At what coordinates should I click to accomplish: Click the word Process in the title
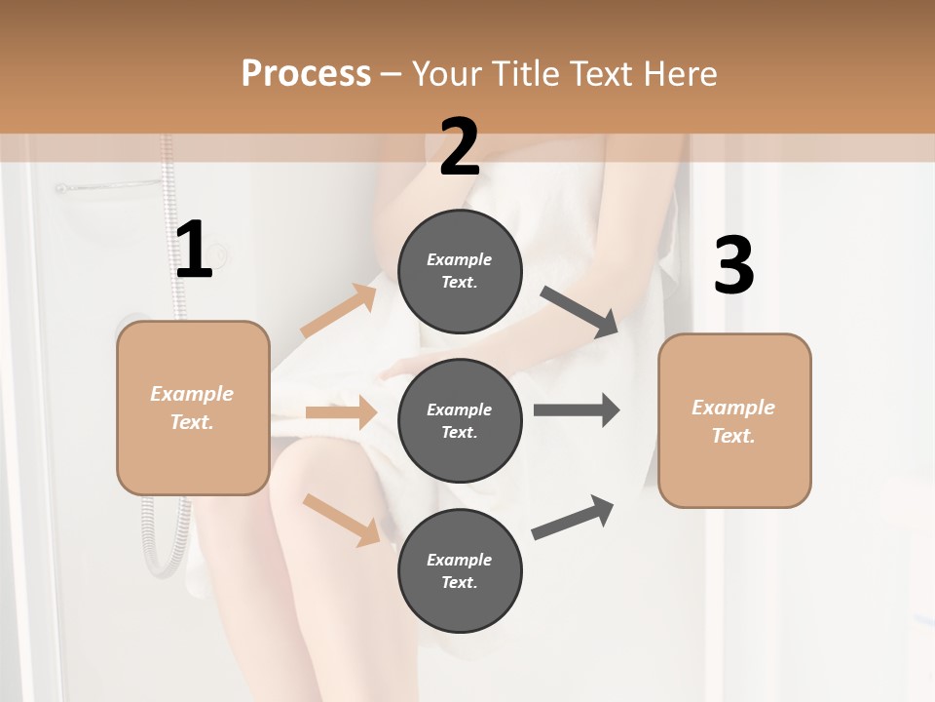[306, 73]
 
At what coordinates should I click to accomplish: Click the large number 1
[194, 251]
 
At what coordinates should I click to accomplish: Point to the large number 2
[460, 148]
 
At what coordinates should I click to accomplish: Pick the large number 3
[733, 266]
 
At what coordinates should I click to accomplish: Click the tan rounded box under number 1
[193, 408]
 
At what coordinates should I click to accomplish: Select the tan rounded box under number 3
[734, 421]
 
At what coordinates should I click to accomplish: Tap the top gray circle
[460, 271]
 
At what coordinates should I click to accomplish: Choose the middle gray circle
[460, 420]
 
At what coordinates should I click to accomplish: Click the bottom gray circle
[460, 570]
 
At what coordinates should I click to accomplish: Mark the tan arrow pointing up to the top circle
[339, 310]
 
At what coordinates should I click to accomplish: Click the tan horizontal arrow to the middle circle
[341, 412]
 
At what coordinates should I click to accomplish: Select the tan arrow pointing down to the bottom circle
[341, 519]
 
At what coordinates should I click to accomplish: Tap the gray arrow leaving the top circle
[580, 311]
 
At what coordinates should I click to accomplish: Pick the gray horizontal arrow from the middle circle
[576, 409]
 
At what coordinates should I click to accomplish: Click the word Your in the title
[443, 73]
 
